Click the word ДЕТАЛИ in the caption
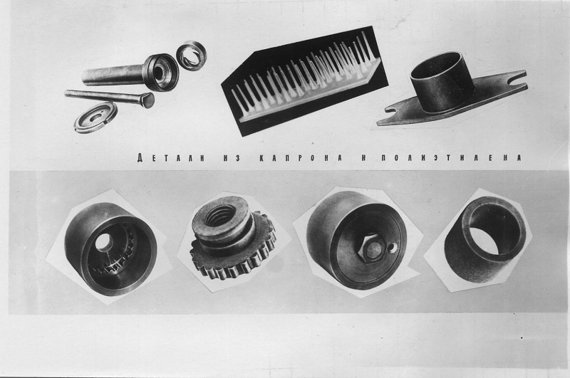click(x=171, y=158)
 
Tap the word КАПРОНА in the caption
click(x=301, y=158)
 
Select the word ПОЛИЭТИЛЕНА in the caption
click(x=452, y=158)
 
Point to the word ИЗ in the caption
click(x=230, y=158)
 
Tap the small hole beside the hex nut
click(x=390, y=248)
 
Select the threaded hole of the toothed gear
click(x=221, y=216)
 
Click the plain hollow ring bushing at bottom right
click(x=485, y=239)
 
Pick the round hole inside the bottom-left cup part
click(x=104, y=241)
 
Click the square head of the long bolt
click(x=147, y=100)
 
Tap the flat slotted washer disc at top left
click(x=95, y=117)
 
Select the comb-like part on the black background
click(x=305, y=80)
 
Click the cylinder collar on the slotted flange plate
click(x=442, y=83)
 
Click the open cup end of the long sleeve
click(x=161, y=72)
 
